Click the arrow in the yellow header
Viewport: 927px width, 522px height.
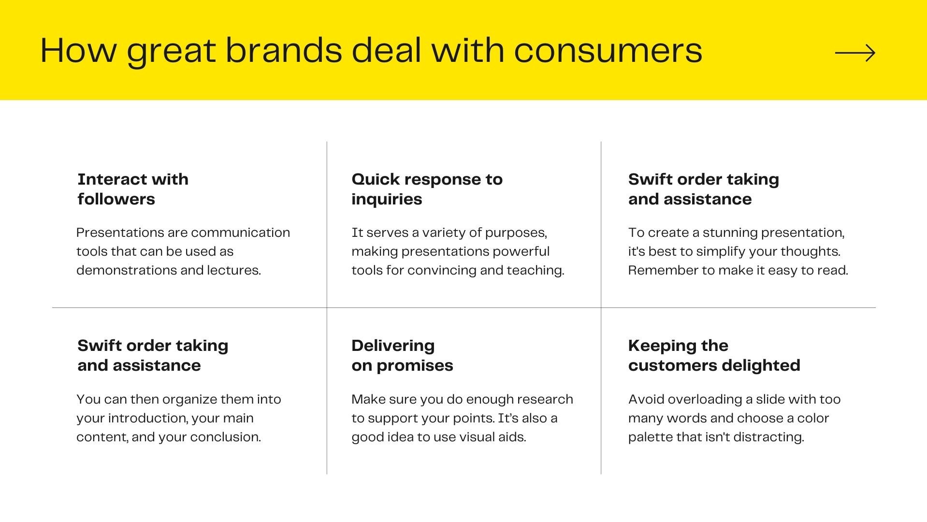tap(855, 53)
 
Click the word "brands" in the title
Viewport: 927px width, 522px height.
tap(284, 50)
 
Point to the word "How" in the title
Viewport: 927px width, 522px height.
tap(78, 50)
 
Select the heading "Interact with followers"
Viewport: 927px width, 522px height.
tap(133, 189)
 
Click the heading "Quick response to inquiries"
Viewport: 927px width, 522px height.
tap(427, 189)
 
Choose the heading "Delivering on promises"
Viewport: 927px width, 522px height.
tap(402, 355)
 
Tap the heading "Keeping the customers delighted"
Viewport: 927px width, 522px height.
tap(714, 355)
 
